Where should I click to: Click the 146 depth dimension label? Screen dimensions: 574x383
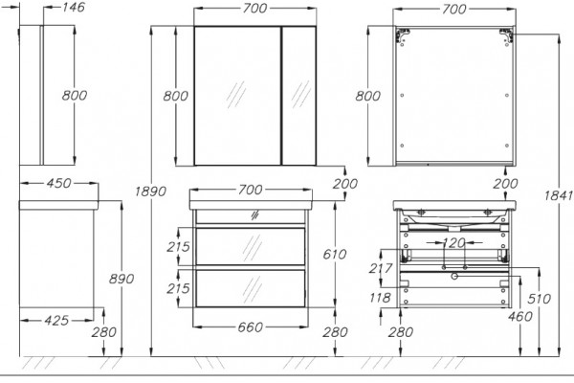[74, 7]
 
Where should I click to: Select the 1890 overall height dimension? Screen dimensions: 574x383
[150, 191]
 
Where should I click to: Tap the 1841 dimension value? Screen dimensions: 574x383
[559, 195]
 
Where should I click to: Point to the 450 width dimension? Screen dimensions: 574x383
[58, 183]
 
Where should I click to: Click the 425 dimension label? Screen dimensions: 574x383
[56, 321]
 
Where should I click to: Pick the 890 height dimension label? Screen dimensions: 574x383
[121, 279]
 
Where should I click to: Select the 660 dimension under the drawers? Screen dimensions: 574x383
[251, 327]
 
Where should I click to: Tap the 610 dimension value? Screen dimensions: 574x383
[335, 254]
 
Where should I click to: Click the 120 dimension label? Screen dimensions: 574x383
[453, 242]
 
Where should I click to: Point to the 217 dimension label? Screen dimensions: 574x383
[381, 268]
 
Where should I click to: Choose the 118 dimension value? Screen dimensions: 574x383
[380, 298]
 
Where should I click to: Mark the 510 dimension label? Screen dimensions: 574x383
[539, 299]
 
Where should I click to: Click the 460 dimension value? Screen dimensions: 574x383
[520, 316]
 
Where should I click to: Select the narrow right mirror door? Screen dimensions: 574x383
[299, 96]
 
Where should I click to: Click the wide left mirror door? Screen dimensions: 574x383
[237, 96]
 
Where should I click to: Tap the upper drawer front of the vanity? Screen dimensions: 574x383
[251, 246]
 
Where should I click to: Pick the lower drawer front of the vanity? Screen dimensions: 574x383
[251, 288]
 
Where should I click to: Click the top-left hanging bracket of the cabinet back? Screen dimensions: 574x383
[402, 35]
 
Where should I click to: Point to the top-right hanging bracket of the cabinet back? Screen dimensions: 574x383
[507, 35]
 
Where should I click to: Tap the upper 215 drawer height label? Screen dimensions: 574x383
[178, 247]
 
